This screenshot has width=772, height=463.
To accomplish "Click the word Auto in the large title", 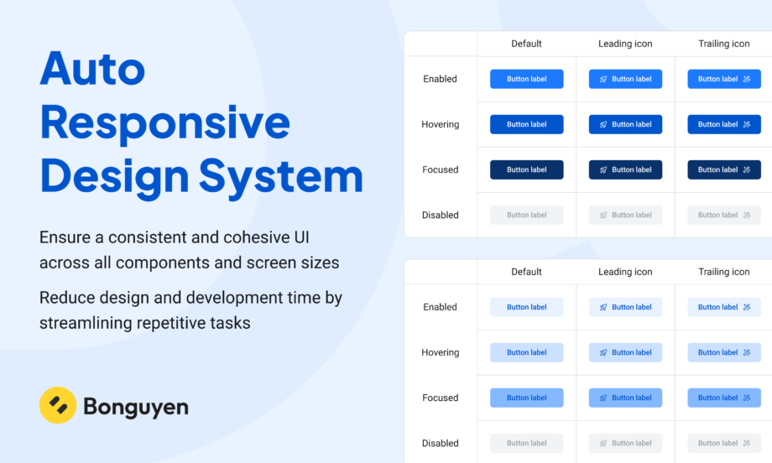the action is pos(92,69).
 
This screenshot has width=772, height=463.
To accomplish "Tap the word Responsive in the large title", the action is pos(165,123).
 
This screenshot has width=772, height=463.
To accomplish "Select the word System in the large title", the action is pos(280,177).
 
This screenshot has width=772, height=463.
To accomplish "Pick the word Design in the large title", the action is pos(114,177).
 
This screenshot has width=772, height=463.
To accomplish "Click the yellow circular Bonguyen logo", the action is pos(58,405).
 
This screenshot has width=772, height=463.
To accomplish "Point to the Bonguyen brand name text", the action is pos(136,407).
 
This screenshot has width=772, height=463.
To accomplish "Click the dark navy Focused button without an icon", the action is pos(527,169).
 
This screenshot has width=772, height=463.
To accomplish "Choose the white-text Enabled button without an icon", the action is pos(527,79).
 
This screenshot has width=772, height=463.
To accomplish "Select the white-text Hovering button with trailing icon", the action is pos(724,124).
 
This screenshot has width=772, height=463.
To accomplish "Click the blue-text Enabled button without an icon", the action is pos(527,307).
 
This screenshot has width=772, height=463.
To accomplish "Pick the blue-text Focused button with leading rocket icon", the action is pos(625,398).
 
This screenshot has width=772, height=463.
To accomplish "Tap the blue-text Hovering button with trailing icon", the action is pos(724,352).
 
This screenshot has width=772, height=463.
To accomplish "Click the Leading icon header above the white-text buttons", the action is pos(625,44).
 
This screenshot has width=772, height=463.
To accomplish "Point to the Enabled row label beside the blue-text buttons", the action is pos(441,307).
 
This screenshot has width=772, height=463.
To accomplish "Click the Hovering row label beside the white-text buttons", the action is pos(441,124).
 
